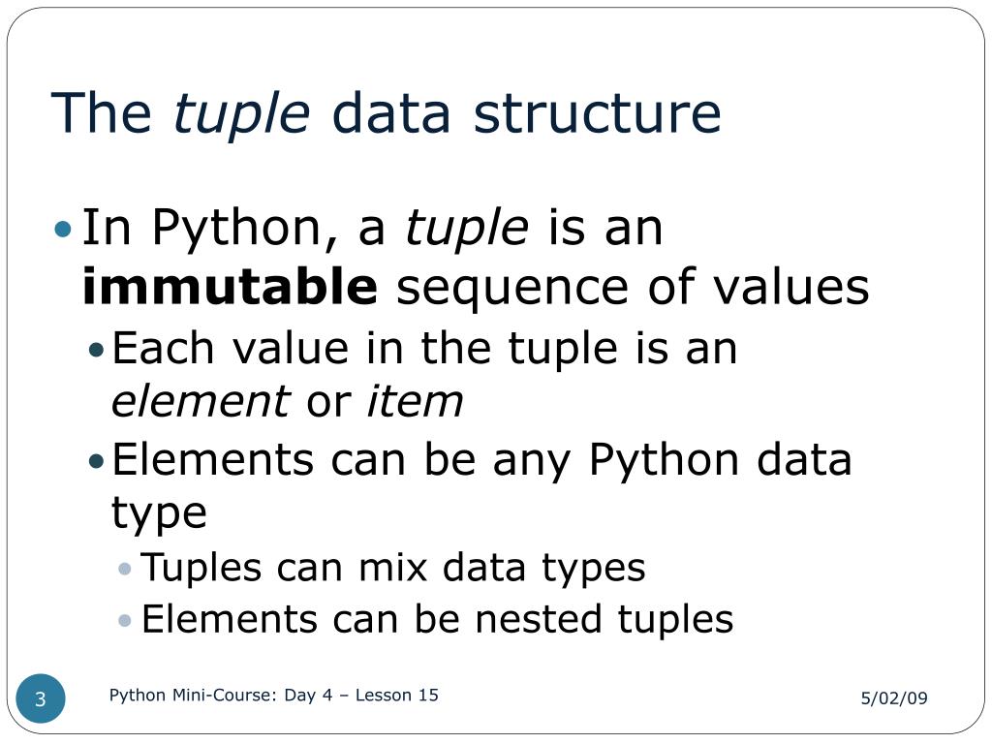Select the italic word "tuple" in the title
(241, 114)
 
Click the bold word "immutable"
(231, 287)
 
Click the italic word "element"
(201, 401)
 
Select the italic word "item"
(415, 401)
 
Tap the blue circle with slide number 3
(42, 699)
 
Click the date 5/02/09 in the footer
(894, 698)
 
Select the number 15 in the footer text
(428, 695)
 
